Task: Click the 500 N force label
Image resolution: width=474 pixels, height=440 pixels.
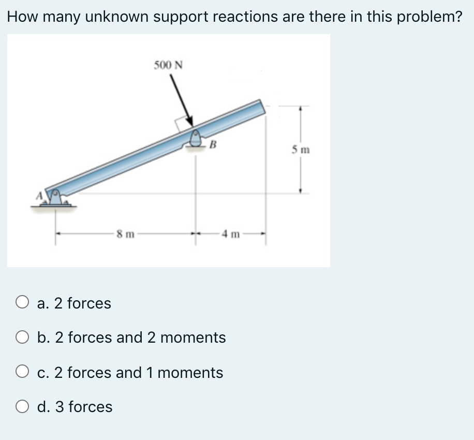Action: coord(169,65)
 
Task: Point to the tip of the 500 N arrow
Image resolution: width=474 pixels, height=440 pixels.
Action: coord(192,125)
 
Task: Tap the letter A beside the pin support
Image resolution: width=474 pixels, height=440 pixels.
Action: coord(38,196)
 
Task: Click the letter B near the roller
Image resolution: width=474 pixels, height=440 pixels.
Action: coord(213,144)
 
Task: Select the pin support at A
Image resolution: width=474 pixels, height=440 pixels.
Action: coord(55,198)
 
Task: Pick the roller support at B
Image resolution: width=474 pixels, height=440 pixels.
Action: coord(196,139)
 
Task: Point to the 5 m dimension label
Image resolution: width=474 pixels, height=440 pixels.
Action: coord(300,150)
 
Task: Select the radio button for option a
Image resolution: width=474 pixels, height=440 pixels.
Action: coord(22,302)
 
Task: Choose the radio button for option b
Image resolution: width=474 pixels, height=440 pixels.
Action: coord(22,338)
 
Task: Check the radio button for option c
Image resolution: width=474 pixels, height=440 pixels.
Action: coord(22,372)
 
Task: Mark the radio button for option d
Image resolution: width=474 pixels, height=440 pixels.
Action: coord(22,406)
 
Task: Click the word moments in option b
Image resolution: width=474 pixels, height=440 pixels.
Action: coord(193,338)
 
